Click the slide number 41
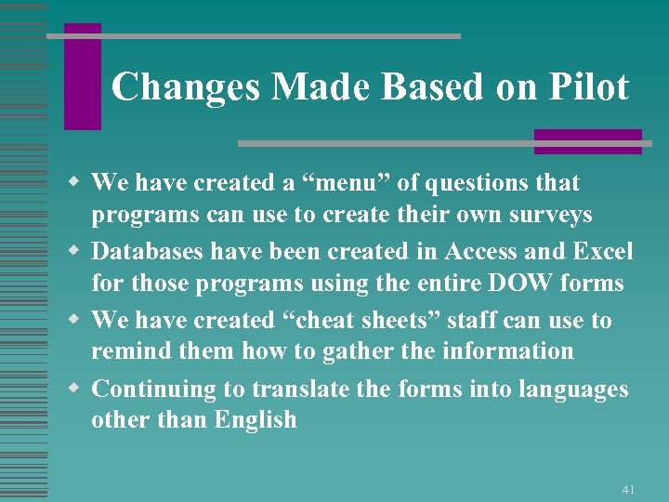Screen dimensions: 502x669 tap(628, 489)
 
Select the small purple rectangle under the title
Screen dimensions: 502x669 tap(587, 141)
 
